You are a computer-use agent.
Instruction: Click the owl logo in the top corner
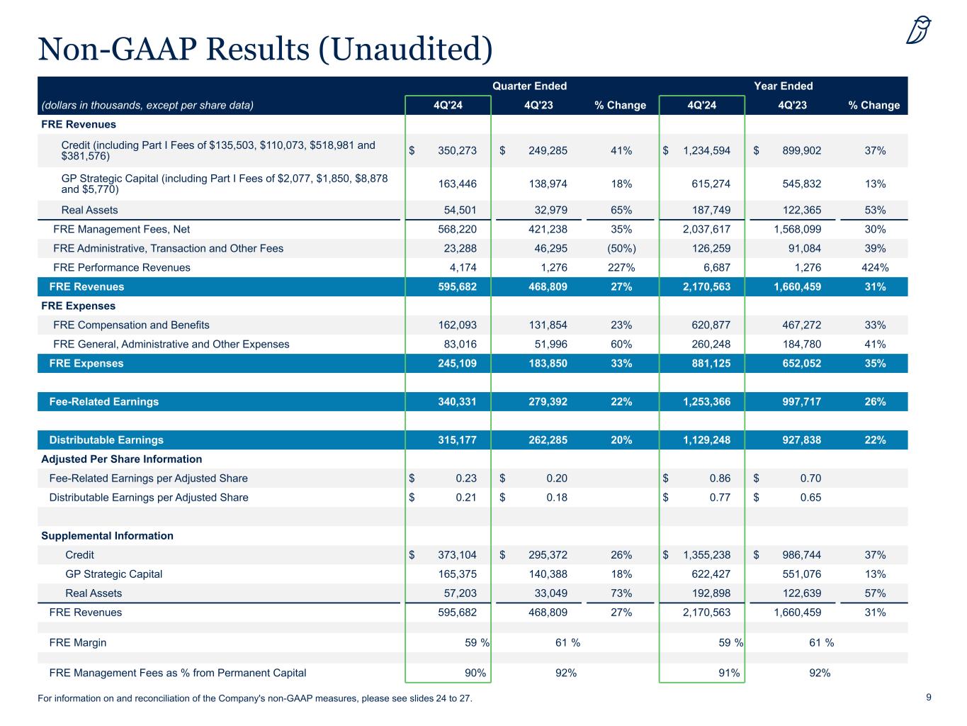[918, 30]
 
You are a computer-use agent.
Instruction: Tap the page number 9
[929, 698]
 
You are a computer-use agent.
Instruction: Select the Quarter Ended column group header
[529, 86]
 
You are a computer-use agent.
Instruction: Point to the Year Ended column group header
[783, 86]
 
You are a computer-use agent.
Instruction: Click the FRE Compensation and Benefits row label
[131, 325]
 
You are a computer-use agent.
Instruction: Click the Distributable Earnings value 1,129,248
[706, 440]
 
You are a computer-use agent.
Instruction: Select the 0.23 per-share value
[465, 479]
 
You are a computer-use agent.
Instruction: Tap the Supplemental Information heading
[107, 536]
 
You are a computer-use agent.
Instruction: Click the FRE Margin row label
[78, 643]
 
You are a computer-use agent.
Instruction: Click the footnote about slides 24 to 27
[254, 699]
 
